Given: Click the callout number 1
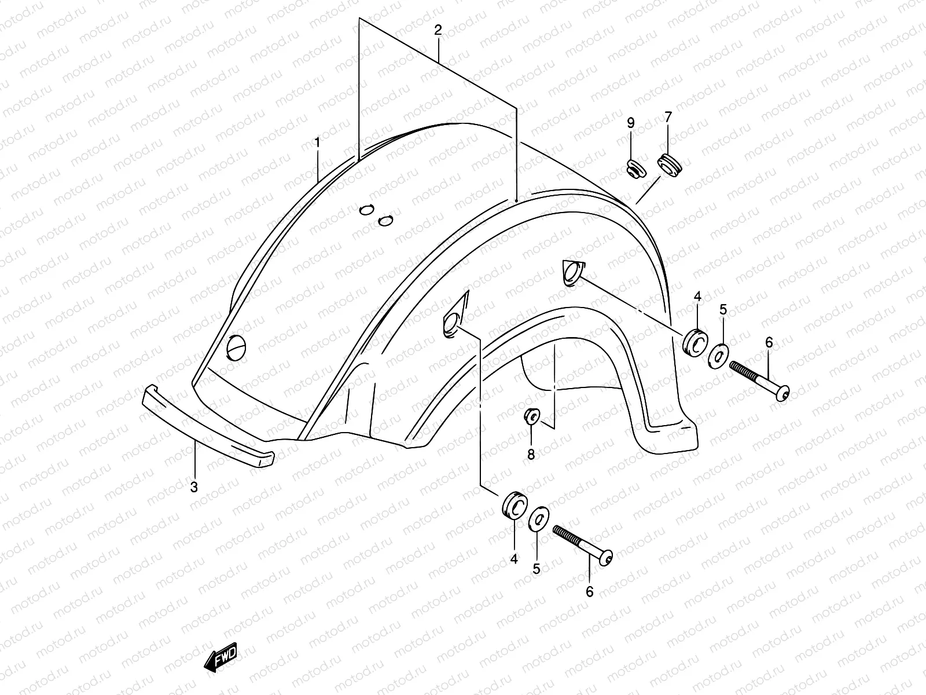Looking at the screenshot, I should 317,141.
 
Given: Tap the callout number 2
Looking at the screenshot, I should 438,30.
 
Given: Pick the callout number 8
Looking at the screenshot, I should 531,455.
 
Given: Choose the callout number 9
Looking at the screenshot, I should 631,123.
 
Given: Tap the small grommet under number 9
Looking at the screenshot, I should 635,169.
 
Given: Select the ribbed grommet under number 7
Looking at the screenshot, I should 672,163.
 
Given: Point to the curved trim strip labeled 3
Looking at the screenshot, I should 208,426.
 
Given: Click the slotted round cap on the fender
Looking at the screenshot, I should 237,348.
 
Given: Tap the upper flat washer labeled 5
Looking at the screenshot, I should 718,355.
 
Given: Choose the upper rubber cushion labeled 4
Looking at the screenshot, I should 695,342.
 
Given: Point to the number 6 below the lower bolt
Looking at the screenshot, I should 590,591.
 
